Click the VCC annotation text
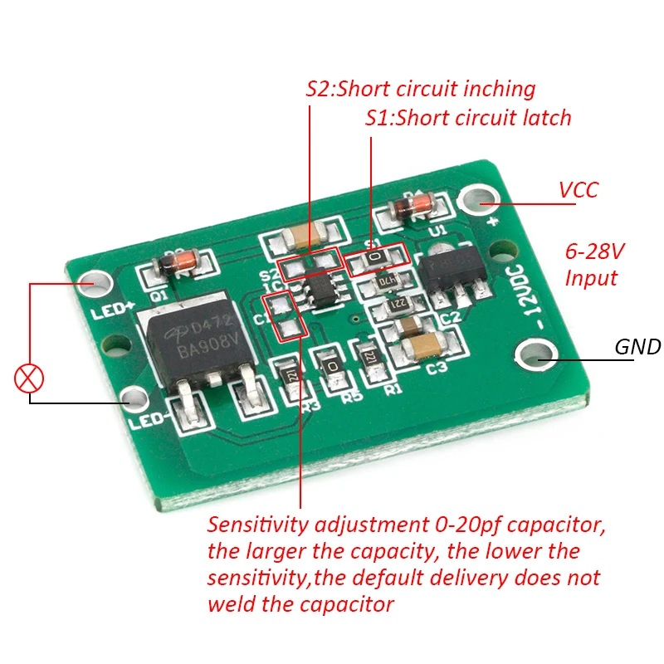[578, 190]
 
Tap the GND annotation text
[637, 347]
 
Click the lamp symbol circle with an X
[30, 379]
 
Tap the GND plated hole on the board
[531, 358]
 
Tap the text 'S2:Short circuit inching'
[420, 89]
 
